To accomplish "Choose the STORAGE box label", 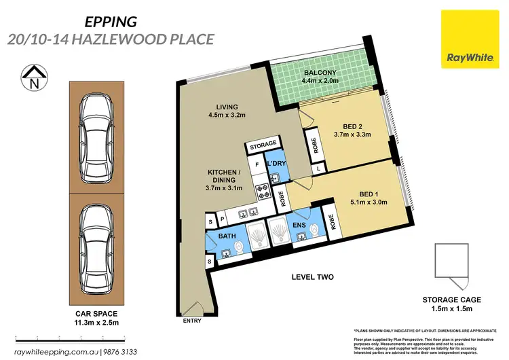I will click(263, 145).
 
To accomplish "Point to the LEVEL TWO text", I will click(314, 277).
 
